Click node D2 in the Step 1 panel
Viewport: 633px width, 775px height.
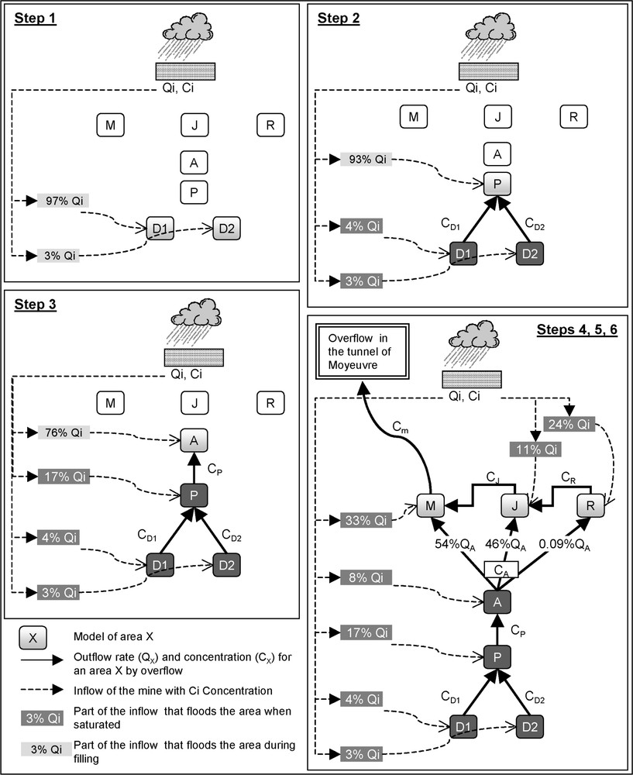[227, 229]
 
